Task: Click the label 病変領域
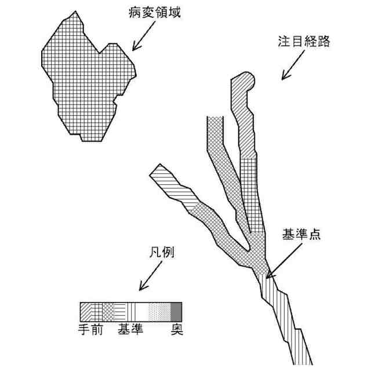point(154,12)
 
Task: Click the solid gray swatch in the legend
point(176,312)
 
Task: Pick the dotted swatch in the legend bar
point(159,312)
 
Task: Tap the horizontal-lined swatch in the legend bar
point(118,312)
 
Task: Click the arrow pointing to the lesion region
point(141,40)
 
